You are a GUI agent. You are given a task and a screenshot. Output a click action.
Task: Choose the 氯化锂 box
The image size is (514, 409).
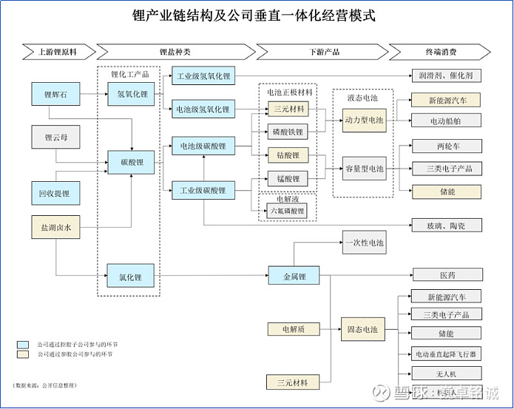click(x=130, y=277)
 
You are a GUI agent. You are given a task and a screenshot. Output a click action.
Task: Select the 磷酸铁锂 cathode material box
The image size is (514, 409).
click(x=287, y=132)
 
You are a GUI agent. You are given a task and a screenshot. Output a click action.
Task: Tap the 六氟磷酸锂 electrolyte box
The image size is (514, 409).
click(x=287, y=211)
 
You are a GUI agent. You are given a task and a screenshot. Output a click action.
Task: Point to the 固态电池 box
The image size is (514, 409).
click(x=362, y=329)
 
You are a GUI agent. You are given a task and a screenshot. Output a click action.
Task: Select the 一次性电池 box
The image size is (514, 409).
click(x=363, y=243)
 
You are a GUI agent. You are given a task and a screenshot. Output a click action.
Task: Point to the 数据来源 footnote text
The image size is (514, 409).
click(x=45, y=386)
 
